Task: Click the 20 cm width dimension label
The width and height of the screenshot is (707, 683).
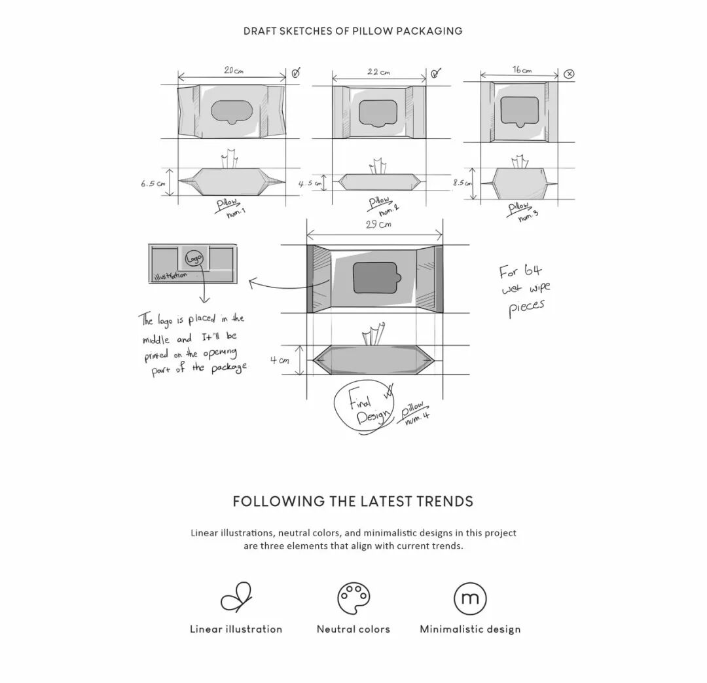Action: (233, 70)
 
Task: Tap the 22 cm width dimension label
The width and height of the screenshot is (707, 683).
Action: (378, 71)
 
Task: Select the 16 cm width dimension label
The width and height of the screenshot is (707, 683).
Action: (522, 70)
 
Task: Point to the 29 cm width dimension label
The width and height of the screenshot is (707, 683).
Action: (378, 225)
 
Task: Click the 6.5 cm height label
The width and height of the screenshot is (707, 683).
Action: (152, 184)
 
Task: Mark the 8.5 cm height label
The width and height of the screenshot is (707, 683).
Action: (462, 183)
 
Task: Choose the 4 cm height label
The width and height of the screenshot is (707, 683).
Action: (280, 360)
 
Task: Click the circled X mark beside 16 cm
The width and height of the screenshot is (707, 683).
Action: (569, 74)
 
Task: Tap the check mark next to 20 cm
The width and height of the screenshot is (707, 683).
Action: (295, 73)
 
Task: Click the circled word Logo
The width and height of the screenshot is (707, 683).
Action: (194, 259)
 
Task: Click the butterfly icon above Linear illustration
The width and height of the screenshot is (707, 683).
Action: (236, 597)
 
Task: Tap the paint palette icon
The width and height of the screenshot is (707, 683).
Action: (353, 598)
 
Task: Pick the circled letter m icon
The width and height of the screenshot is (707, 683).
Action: (470, 598)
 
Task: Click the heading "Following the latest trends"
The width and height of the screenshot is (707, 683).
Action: (353, 502)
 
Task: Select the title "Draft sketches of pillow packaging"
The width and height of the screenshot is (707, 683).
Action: (353, 31)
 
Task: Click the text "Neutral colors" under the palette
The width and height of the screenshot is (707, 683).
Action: (353, 629)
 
